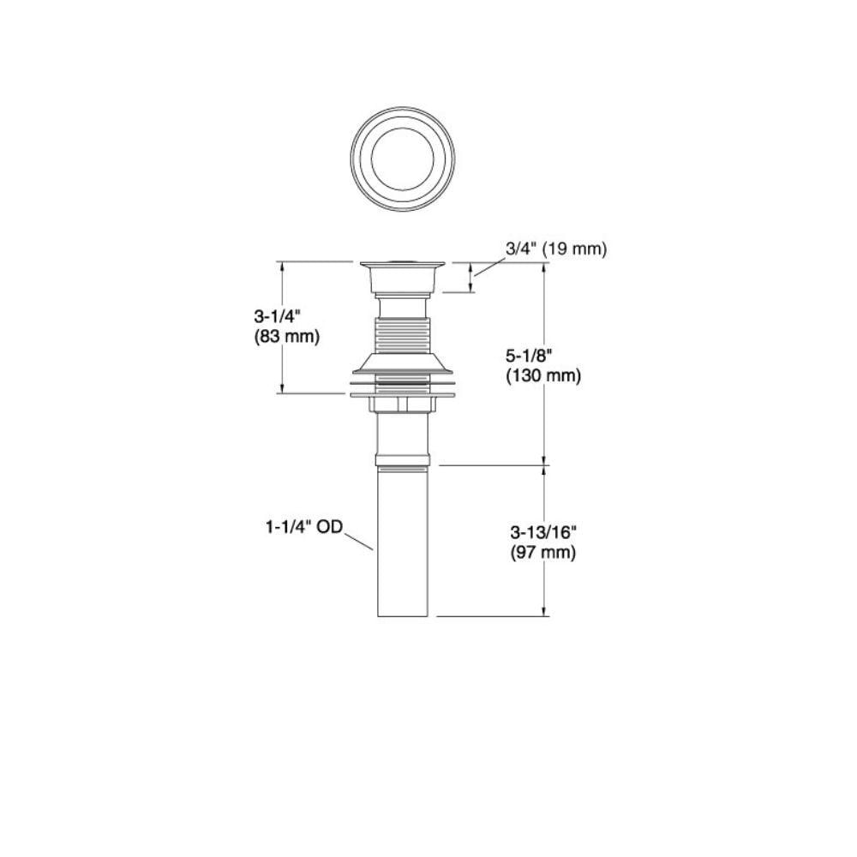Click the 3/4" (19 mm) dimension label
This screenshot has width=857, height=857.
[x=556, y=249]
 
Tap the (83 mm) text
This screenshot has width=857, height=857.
[x=286, y=337]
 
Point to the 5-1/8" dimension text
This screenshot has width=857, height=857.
[x=529, y=356]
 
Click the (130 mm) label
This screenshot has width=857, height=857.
[x=543, y=376]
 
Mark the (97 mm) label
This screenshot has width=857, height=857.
[x=543, y=553]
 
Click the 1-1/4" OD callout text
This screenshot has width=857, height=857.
[x=304, y=527]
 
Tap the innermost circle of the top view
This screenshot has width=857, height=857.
[x=403, y=159]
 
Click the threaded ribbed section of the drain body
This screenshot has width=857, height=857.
[x=403, y=336]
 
